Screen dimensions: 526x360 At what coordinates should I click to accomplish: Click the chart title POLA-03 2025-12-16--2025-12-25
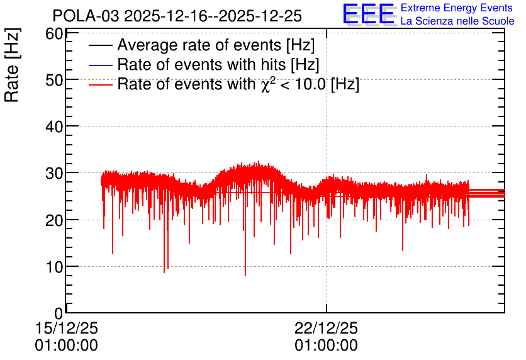[x=177, y=16]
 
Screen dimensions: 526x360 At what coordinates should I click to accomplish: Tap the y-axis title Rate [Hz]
[x=12, y=65]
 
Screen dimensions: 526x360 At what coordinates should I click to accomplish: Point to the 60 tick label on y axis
[x=54, y=34]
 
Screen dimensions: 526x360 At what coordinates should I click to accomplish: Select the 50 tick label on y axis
[x=54, y=80]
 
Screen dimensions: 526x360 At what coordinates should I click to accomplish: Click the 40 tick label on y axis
[x=54, y=127]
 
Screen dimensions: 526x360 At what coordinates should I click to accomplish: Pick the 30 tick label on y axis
[x=54, y=174]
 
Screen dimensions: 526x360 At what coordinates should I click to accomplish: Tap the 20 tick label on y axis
[x=54, y=220]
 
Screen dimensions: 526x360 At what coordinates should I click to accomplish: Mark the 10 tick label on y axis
[x=54, y=267]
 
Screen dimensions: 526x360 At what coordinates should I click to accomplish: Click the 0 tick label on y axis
[x=59, y=313]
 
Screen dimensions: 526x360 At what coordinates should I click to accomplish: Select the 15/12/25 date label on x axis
[x=67, y=328]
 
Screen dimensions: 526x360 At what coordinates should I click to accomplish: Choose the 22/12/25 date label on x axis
[x=327, y=328]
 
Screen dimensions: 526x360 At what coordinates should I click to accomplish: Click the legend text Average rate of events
[x=216, y=45]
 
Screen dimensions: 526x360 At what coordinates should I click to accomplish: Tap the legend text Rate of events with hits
[x=218, y=64]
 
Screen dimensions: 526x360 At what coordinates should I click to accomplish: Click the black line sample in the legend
[x=101, y=45]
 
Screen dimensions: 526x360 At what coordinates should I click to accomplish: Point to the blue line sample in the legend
[x=101, y=65]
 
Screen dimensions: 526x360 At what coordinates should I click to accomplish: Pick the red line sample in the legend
[x=101, y=84]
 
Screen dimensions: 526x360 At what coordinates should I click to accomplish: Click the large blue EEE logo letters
[x=368, y=13]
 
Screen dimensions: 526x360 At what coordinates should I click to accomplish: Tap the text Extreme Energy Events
[x=457, y=8]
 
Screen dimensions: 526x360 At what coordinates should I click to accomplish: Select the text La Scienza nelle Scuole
[x=457, y=21]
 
